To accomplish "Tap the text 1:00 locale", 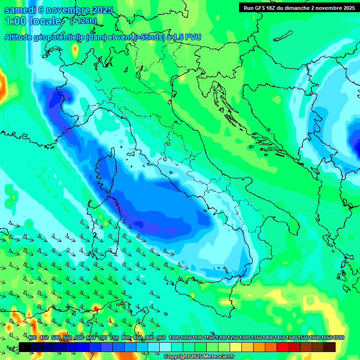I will coord(33,21).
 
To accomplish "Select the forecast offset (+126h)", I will coord(83,21).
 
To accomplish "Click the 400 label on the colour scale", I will coord(32,337).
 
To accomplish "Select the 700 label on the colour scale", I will coord(103,337).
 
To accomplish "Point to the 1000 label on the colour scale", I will coord(174,337).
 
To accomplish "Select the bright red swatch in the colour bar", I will coord(283,347).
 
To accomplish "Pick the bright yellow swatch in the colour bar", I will coord(236,347).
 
